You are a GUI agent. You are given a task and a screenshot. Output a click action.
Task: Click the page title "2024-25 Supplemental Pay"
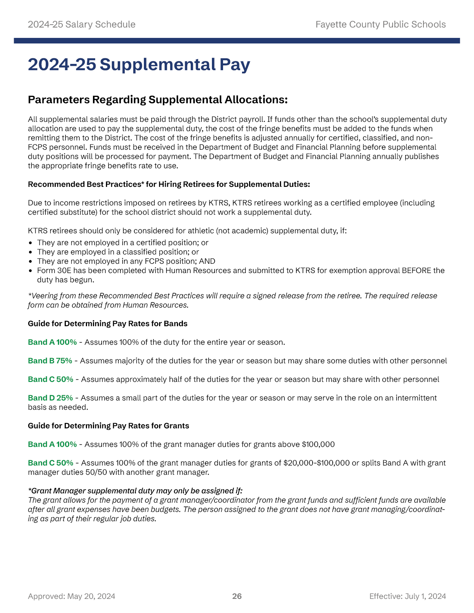point(139,65)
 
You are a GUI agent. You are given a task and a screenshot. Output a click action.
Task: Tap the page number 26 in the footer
point(237,596)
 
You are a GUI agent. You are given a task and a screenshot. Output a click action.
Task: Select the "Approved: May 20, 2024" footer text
point(71,596)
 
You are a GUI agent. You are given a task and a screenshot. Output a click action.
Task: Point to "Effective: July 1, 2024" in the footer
point(407,596)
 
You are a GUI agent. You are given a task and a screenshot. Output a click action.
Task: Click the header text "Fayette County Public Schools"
point(380,25)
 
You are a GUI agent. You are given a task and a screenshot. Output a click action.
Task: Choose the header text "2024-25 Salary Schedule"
point(81,25)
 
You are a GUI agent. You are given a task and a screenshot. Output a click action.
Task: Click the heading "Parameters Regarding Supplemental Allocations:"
point(158,100)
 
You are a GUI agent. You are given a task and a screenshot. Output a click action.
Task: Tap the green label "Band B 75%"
point(50,361)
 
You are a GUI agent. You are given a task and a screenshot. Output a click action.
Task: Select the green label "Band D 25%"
point(50,398)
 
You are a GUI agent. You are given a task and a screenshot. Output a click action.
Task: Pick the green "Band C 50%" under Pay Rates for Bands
point(51,379)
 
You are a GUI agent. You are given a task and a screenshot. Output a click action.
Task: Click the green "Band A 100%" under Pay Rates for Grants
point(52,444)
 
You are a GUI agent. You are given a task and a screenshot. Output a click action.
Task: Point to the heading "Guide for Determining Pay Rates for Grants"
point(108,426)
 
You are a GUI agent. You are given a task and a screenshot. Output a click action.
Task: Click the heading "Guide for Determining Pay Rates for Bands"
point(107,324)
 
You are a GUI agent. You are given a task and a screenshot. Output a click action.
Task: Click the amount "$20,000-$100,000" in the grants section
point(316,463)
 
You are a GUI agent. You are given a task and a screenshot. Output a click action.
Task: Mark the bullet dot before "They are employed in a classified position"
point(30,252)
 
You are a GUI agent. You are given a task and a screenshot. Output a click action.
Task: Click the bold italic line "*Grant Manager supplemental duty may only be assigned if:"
point(135,491)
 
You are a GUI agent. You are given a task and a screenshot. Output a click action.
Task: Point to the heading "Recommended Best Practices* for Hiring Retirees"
point(169,184)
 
